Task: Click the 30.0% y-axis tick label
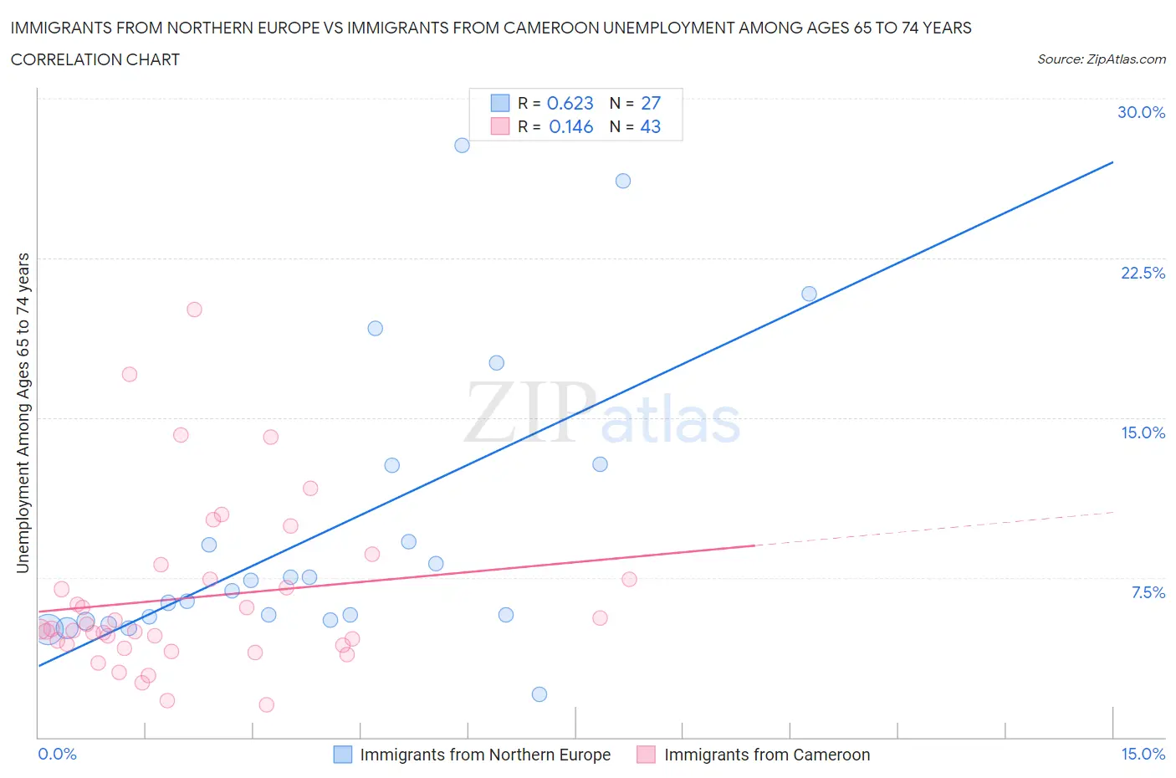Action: (1141, 112)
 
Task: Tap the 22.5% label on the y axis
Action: (1143, 273)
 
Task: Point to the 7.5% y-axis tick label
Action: (1148, 592)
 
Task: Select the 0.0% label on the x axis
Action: (57, 754)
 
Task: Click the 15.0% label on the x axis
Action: (1143, 754)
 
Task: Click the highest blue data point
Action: (462, 145)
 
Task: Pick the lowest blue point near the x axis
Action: (539, 694)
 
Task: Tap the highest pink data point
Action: (194, 310)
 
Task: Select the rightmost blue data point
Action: (809, 294)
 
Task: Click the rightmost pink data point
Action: (629, 579)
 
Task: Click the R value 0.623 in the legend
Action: (570, 103)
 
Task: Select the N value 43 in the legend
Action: (650, 126)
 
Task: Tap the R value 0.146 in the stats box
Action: (570, 126)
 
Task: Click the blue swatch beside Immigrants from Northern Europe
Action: (343, 755)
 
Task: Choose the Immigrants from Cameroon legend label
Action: (766, 755)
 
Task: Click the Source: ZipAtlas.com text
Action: (1101, 59)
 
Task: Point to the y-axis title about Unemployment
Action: (23, 412)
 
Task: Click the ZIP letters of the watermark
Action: (529, 412)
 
